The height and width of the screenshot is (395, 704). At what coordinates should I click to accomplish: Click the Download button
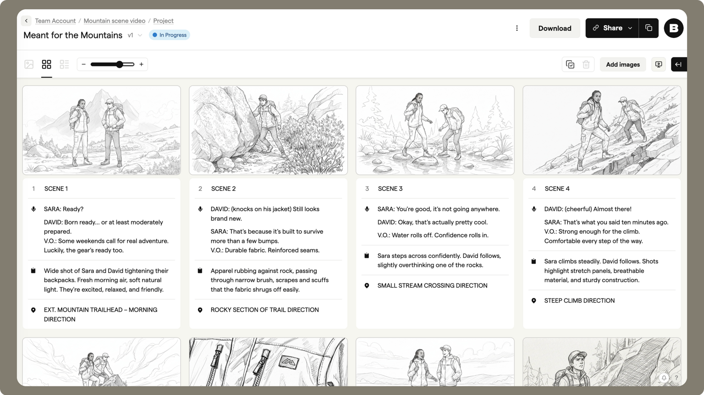click(x=555, y=28)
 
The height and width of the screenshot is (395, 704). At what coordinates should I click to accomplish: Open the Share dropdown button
click(x=612, y=28)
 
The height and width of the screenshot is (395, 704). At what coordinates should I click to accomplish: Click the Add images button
click(x=622, y=65)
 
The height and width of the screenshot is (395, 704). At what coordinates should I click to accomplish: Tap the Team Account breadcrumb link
click(x=55, y=21)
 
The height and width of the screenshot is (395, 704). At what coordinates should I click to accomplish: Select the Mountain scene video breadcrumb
click(x=115, y=21)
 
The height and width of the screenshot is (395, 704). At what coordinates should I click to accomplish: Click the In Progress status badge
click(x=170, y=35)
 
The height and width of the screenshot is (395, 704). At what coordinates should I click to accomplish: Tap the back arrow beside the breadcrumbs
click(x=27, y=21)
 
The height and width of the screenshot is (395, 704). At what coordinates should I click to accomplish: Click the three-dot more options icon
click(x=517, y=28)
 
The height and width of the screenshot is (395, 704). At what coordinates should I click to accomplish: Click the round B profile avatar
click(x=673, y=28)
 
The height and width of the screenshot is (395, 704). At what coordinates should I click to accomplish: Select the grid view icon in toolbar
click(x=46, y=65)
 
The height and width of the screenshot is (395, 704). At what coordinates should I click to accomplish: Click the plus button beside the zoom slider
click(x=142, y=65)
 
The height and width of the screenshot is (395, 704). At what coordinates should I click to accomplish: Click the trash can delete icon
click(x=586, y=65)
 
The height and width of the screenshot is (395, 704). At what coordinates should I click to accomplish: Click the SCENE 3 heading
click(x=390, y=188)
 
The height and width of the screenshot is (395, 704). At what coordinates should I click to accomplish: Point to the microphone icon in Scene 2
click(x=200, y=209)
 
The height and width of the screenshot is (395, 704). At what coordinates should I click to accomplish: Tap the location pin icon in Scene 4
click(x=533, y=301)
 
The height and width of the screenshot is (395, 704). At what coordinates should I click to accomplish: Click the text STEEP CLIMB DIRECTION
click(x=579, y=301)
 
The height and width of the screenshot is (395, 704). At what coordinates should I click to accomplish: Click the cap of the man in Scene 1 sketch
click(x=109, y=102)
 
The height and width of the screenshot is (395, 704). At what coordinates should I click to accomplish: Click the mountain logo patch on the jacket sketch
click(x=289, y=362)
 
